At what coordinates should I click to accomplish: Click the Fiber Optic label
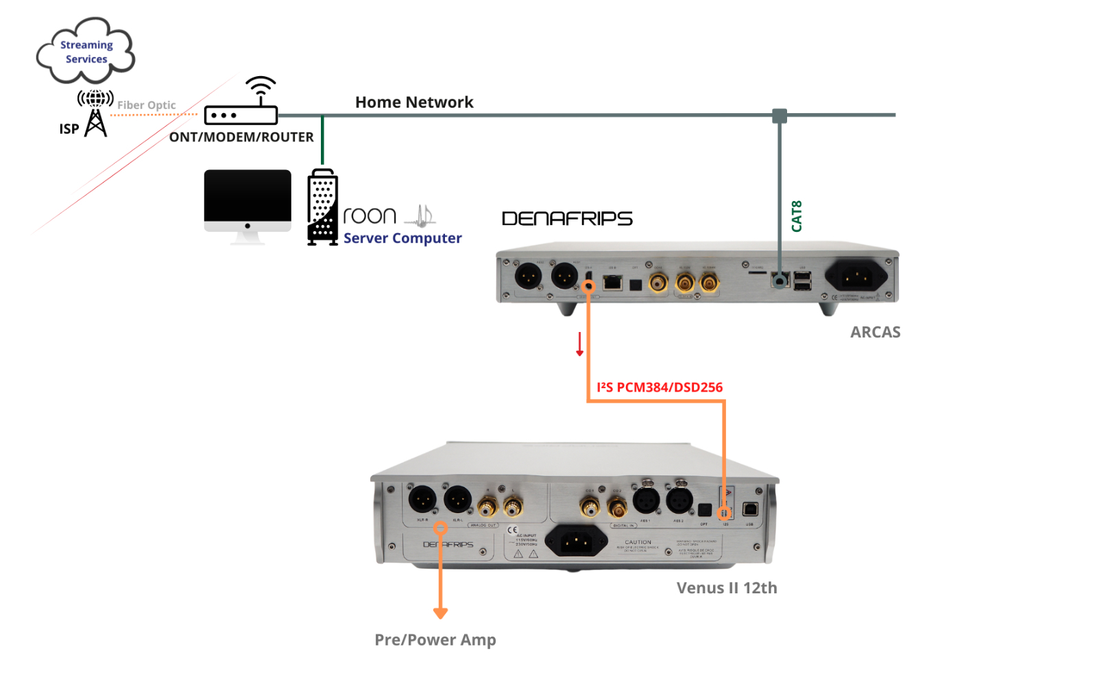146,105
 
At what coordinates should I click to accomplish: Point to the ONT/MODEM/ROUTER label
241,137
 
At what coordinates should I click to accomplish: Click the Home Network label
414,102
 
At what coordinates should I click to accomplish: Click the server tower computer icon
322,207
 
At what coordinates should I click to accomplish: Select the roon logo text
370,216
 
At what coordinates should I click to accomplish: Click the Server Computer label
402,238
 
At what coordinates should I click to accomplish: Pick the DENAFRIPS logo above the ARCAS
567,219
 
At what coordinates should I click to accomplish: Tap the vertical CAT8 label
797,216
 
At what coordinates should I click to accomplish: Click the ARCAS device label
875,332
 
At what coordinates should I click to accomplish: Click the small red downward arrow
580,344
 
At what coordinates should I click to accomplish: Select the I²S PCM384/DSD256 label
660,388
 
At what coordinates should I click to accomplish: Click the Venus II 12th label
727,588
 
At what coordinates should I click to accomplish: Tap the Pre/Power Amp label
435,640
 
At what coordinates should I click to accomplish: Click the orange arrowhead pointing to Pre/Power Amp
440,613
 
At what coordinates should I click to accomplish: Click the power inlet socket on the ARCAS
857,277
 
